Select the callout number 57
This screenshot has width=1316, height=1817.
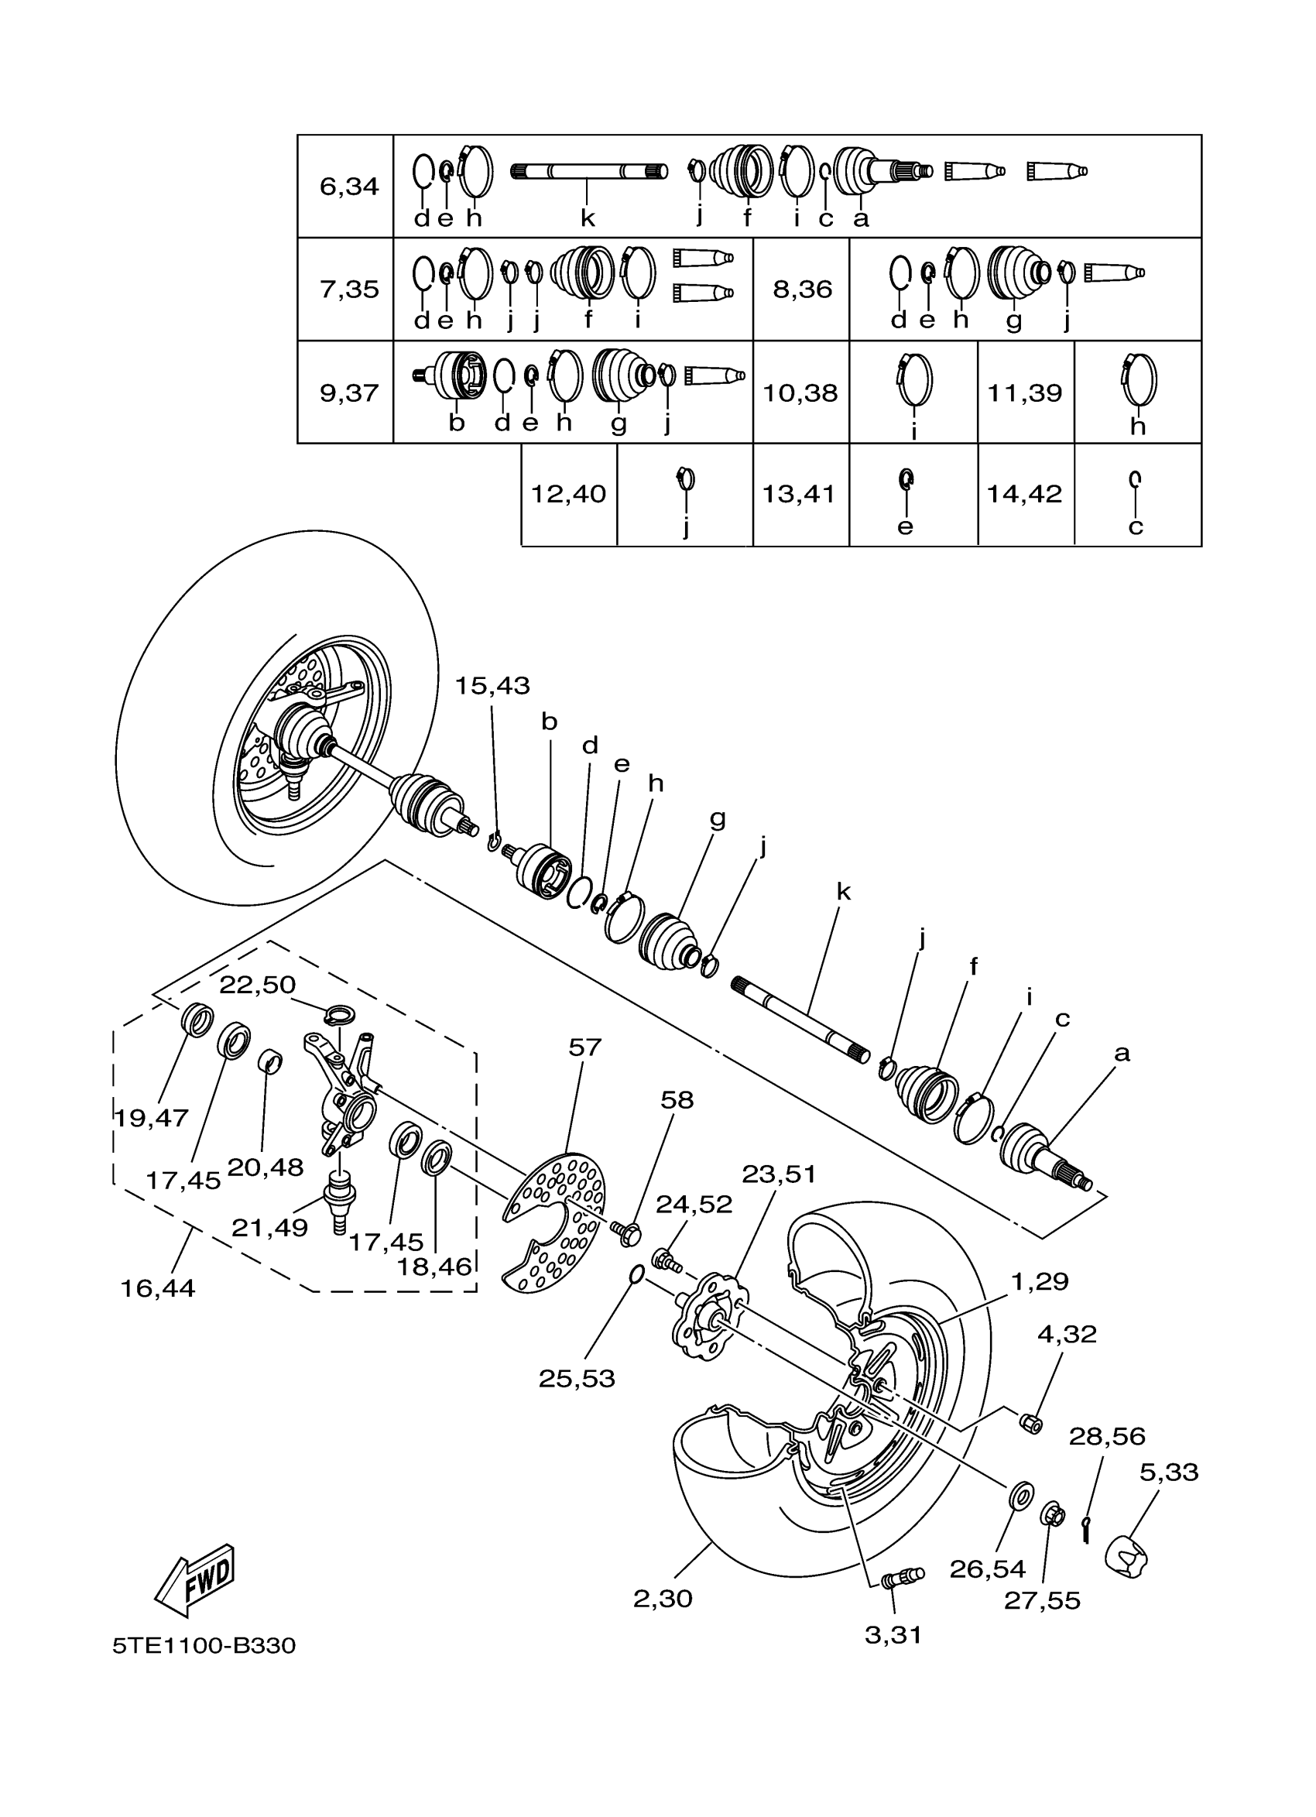[584, 1047]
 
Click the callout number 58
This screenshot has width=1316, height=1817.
[677, 1099]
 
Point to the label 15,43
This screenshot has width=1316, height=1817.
[492, 686]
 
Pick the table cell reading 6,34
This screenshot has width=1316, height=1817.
[348, 187]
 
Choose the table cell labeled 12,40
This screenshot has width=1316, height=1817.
[569, 493]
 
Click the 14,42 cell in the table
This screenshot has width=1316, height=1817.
[1024, 493]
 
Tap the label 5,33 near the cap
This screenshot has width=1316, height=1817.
[1169, 1472]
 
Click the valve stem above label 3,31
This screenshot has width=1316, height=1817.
[900, 1577]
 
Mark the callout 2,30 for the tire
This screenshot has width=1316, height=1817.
[663, 1598]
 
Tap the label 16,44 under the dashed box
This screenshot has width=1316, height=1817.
[158, 1288]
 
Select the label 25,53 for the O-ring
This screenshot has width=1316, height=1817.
[577, 1378]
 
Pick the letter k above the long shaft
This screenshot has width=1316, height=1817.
[844, 892]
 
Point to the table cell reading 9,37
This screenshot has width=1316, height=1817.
[348, 393]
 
